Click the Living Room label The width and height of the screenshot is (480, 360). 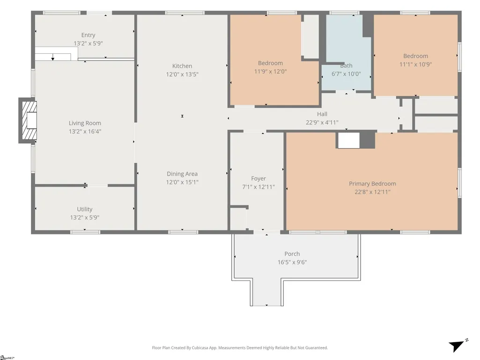click(x=85, y=123)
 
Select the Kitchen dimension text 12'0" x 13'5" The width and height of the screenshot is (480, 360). click(x=182, y=74)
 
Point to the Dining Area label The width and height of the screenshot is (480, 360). click(x=182, y=174)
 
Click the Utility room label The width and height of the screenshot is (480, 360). click(x=84, y=209)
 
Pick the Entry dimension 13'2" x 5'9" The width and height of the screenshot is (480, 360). click(x=88, y=44)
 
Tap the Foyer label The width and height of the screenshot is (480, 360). click(x=258, y=178)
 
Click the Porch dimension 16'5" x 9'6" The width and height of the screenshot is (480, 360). click(x=292, y=262)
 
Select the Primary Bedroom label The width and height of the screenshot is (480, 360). click(x=373, y=184)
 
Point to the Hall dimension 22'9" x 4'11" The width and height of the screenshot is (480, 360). click(x=322, y=123)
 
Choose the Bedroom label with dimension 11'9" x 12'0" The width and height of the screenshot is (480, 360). click(x=270, y=63)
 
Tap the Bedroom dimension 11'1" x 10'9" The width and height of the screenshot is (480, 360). click(x=415, y=64)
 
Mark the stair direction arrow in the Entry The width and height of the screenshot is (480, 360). click(x=53, y=57)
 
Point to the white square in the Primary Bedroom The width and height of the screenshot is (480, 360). click(x=349, y=140)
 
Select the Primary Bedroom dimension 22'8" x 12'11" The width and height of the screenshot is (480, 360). click(x=373, y=192)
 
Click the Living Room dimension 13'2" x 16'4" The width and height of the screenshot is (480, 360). click(x=85, y=132)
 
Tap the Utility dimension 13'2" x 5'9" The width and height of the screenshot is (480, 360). click(x=84, y=218)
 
